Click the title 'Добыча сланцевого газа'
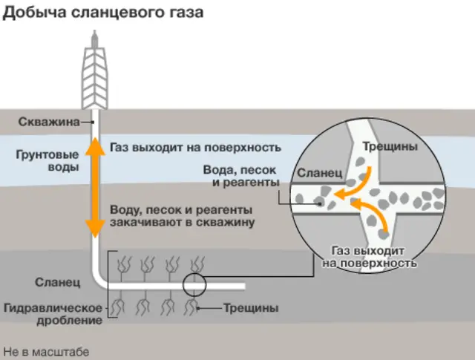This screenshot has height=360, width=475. click(x=103, y=13)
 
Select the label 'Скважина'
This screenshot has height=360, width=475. click(x=48, y=122)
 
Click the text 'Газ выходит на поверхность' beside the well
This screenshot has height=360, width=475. click(x=195, y=147)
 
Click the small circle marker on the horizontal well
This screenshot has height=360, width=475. click(x=193, y=284)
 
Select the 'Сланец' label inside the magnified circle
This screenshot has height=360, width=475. click(x=318, y=173)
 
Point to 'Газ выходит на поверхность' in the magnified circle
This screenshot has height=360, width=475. click(x=368, y=257)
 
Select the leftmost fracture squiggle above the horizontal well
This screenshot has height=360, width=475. click(x=125, y=264)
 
